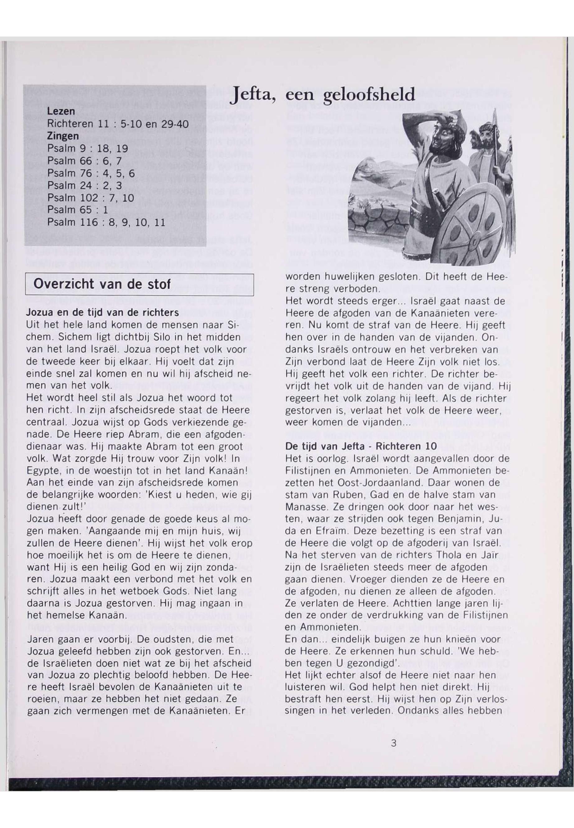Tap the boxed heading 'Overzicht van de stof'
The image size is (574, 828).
102,284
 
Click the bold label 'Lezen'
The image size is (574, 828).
61,111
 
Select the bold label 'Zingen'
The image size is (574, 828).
63,136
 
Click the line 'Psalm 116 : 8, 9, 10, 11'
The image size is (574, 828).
106,222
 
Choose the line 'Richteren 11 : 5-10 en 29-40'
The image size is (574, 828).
118,124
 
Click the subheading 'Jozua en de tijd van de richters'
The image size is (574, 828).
102,312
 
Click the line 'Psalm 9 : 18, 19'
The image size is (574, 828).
87,148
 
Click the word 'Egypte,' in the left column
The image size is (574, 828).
40,471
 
